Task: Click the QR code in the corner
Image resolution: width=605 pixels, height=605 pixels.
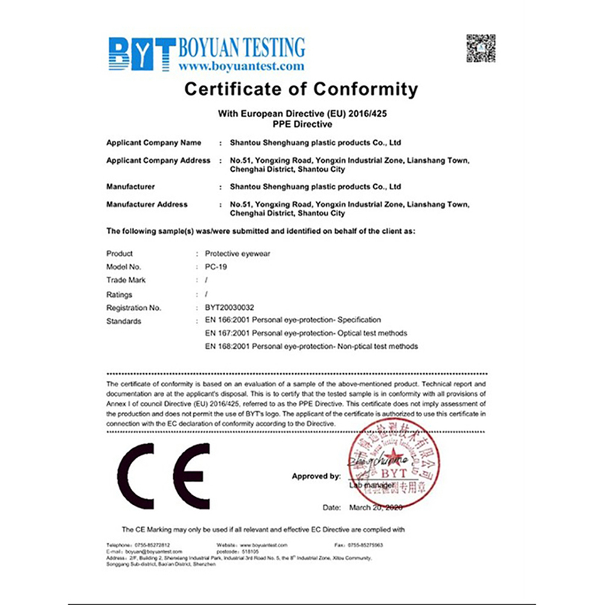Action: coord(481,48)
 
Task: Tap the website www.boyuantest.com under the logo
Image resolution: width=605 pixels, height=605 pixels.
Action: coord(242,66)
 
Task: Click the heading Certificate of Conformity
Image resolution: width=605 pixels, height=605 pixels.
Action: coord(301,89)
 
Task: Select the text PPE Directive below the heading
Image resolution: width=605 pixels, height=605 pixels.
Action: coord(302,124)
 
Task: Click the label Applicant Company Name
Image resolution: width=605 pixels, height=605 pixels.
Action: coord(153,143)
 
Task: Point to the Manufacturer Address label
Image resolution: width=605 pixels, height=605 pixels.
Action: coord(147,205)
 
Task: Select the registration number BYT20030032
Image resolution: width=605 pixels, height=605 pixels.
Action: coord(229,307)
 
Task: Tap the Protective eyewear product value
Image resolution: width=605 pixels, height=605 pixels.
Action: coord(237,254)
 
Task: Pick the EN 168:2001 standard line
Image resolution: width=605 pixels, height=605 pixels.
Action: coord(311,347)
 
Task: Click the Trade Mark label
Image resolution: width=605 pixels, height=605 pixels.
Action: coord(126,280)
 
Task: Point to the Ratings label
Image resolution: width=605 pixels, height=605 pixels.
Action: coord(119,295)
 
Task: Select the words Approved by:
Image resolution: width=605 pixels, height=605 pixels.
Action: coord(316,476)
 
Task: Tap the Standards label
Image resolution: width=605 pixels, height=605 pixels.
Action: coord(123,321)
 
